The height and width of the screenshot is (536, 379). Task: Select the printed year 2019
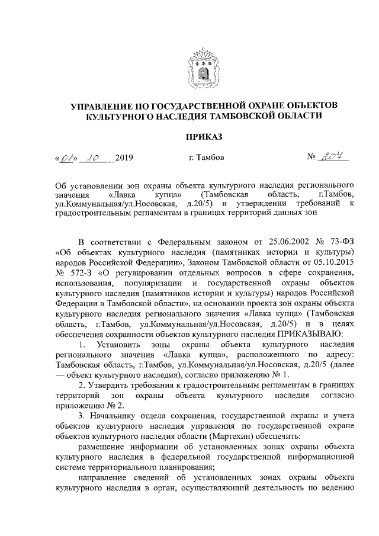pyautogui.click(x=123, y=158)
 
